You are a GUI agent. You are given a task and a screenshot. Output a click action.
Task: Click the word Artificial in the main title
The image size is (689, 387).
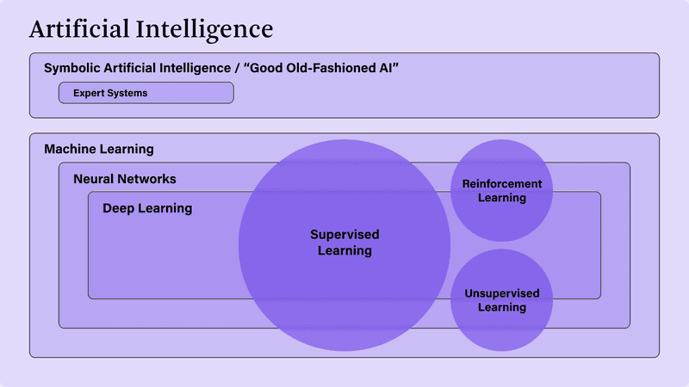79,29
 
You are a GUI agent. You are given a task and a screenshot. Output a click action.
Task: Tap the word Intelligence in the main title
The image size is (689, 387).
204,31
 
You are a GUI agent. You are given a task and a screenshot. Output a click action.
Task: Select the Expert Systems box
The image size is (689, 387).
146,93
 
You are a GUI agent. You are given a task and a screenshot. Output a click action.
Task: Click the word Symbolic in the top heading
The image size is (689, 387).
72,69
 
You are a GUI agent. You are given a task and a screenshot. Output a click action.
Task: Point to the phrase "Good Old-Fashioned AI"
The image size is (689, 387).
320,68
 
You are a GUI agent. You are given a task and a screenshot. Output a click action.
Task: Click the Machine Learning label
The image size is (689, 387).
99,149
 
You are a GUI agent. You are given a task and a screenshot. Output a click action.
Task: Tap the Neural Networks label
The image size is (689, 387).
125,179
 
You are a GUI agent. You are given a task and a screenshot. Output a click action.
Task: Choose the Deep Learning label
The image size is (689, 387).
147,208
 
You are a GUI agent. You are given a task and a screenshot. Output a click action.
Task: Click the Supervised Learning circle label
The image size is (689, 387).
345,243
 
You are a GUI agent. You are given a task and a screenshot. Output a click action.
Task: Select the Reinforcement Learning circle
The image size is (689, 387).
502,190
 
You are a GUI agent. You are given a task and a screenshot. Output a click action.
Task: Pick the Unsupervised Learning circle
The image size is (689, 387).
502,300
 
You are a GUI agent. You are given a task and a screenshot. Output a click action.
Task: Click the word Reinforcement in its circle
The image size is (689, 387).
502,184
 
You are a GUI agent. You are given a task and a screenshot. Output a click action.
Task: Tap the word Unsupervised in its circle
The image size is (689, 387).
502,293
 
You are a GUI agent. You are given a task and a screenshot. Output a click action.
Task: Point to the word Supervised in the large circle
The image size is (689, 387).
345,235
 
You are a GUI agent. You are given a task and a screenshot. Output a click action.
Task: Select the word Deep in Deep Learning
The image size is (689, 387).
118,208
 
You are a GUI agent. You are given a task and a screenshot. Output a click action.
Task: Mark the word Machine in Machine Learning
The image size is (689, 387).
71,149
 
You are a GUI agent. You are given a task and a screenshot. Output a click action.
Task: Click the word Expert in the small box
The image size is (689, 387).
85,94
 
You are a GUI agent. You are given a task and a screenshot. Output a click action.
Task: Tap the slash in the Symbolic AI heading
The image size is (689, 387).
237,69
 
